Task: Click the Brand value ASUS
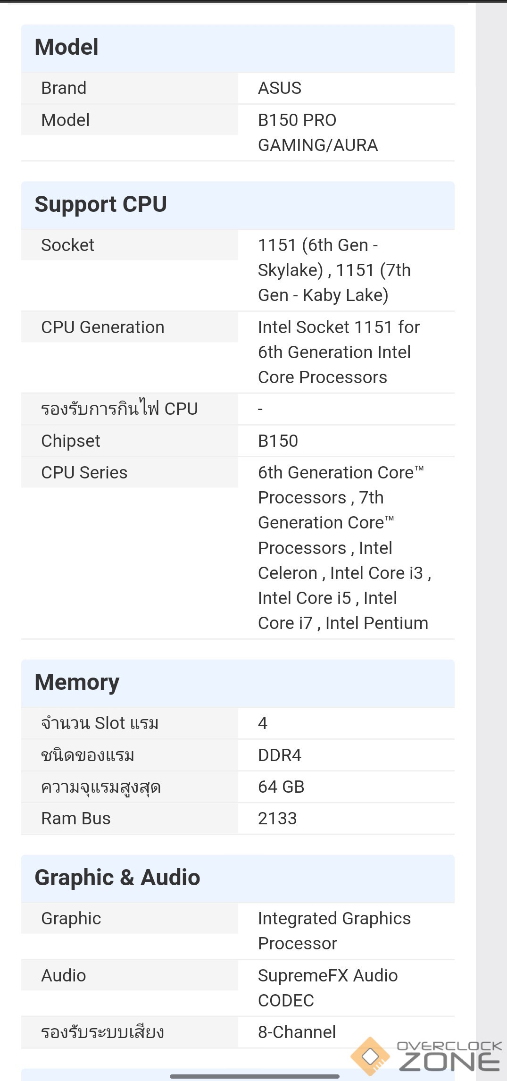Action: coord(279,88)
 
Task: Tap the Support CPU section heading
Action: coord(100,204)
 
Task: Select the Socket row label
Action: coord(67,245)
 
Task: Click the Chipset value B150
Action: coord(278,441)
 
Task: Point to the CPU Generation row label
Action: coord(102,327)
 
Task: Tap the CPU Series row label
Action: coord(84,473)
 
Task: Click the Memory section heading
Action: coord(77,682)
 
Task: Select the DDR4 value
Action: coord(279,755)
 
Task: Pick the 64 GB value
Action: coord(281,787)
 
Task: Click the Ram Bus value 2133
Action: coord(277,819)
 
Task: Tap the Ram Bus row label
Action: coord(75,819)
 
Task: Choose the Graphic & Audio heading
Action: coord(117,878)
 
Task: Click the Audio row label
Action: coord(63,976)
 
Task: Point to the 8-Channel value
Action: coord(297,1032)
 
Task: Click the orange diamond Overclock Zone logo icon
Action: coord(370,1056)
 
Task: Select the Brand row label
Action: coord(64,88)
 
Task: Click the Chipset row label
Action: coord(70,441)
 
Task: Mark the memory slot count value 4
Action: coord(263,723)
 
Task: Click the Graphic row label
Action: coord(71,919)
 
